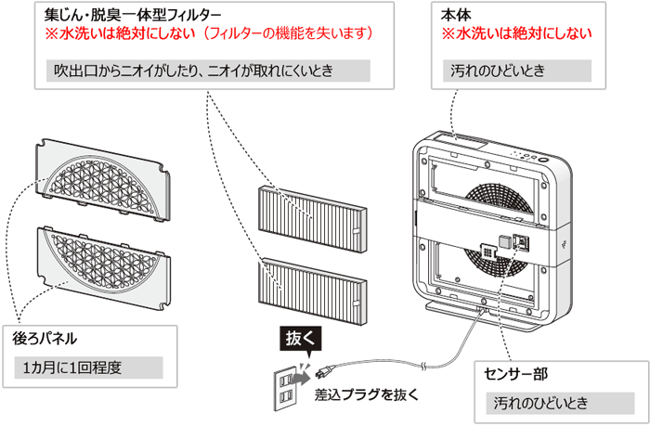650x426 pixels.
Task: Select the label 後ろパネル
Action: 45,341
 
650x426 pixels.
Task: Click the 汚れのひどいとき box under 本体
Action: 516,71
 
